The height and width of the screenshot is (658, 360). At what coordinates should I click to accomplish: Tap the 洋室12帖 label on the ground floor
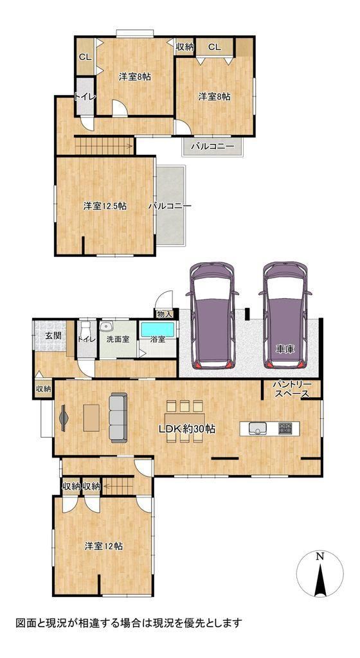click(x=104, y=546)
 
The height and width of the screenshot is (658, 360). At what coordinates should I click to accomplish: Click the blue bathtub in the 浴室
click(x=157, y=330)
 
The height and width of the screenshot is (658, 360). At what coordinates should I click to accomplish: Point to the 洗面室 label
click(x=118, y=339)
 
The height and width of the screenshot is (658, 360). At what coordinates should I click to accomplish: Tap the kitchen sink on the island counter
click(x=258, y=428)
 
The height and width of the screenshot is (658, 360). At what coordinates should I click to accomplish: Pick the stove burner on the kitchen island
click(x=286, y=428)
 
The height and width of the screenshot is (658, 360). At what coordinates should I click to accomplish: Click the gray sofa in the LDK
click(x=118, y=418)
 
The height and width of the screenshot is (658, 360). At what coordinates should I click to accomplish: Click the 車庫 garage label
click(x=285, y=349)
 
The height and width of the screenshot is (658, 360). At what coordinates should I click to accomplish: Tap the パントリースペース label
click(x=291, y=389)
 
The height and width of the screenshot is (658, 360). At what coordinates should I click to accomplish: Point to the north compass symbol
click(x=319, y=574)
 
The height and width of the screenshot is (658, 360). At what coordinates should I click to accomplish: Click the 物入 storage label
click(x=164, y=314)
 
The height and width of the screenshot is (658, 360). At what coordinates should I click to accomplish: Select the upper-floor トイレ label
click(x=85, y=96)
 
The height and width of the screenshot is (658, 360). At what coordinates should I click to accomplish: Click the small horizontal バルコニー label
click(x=212, y=147)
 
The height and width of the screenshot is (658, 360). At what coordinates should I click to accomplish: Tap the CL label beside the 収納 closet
click(x=215, y=48)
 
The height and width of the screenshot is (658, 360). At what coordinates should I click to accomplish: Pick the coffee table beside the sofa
click(x=91, y=418)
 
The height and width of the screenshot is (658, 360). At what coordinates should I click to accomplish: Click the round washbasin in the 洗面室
click(x=105, y=326)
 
